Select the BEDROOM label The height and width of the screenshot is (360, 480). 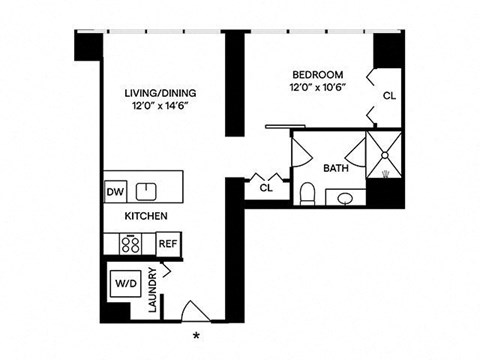(x=318, y=74)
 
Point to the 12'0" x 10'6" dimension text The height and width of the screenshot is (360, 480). (x=318, y=87)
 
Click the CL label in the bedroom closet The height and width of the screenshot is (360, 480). (x=388, y=96)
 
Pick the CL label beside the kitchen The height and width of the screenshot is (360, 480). (x=266, y=186)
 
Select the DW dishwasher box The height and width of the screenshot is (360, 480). (x=115, y=192)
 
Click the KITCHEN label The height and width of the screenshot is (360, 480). (x=145, y=216)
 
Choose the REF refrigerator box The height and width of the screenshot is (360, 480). (x=167, y=243)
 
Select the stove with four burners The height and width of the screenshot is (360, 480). (x=131, y=243)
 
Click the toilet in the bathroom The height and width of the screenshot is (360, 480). (x=309, y=192)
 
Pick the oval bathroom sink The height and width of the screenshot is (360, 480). (x=345, y=198)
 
